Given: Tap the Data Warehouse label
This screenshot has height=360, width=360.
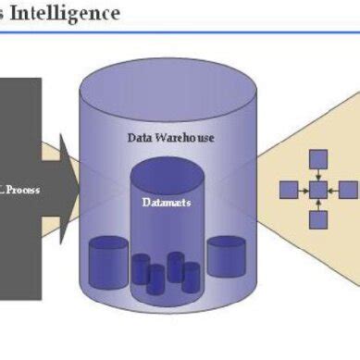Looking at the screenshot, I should coord(170,137).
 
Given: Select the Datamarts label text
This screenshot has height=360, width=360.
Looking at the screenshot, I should coord(168,203).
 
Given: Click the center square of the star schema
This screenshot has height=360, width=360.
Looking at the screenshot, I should coord(318,190).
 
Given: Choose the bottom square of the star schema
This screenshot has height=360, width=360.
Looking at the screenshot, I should coord(318,219).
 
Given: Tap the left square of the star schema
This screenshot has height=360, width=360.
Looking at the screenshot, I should coord(289,190).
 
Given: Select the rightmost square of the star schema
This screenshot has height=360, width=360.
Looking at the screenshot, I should coord(348,190).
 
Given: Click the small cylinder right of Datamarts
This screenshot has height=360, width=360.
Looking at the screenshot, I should coord(225,255).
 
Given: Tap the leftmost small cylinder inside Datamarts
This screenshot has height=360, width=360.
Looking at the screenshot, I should coord(141,269).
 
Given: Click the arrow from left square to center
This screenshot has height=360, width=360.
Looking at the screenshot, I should coord(304,190).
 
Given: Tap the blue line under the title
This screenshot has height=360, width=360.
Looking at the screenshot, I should coord(180,33).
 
